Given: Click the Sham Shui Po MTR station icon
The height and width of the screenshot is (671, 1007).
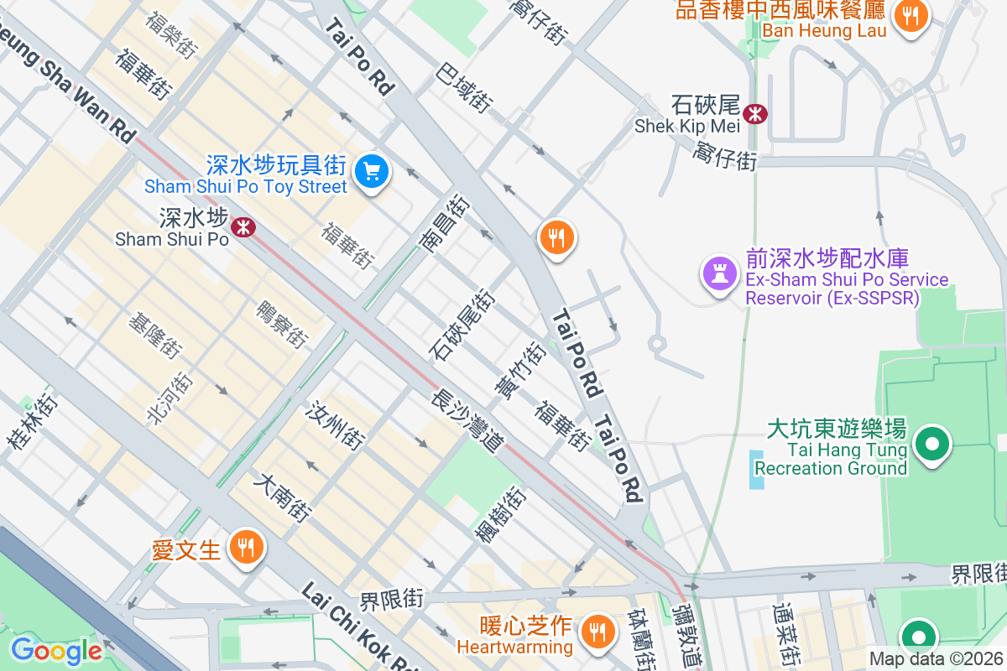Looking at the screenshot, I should click(x=243, y=226).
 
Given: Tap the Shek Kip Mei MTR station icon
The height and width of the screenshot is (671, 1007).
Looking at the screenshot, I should click(x=755, y=113).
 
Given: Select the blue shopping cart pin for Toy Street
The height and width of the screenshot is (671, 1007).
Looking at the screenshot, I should click(x=371, y=172).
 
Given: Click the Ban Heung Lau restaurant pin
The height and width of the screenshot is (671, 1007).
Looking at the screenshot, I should click(x=910, y=15).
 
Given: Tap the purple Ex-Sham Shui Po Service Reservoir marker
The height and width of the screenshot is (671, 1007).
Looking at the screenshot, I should click(x=719, y=273).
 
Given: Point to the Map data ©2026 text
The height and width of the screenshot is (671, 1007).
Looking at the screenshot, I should click(x=935, y=658).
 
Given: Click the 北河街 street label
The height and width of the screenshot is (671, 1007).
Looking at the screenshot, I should click(x=169, y=398).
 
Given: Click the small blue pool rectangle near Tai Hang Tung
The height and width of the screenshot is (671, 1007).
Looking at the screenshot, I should click(x=758, y=470).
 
